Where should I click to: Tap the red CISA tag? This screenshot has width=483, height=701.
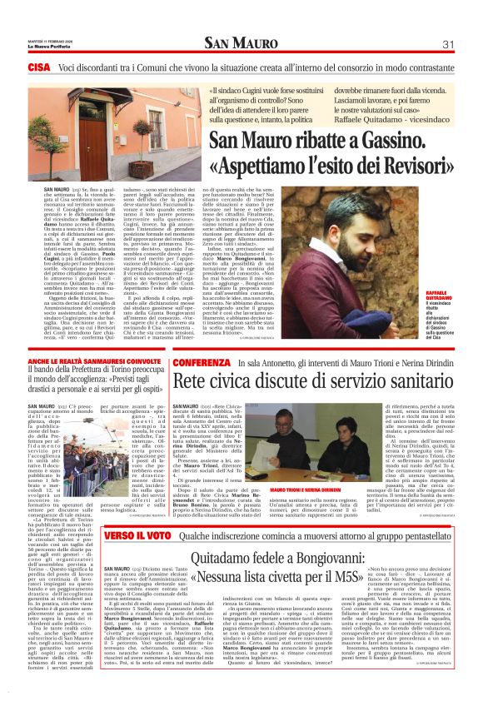(x=39, y=66)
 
